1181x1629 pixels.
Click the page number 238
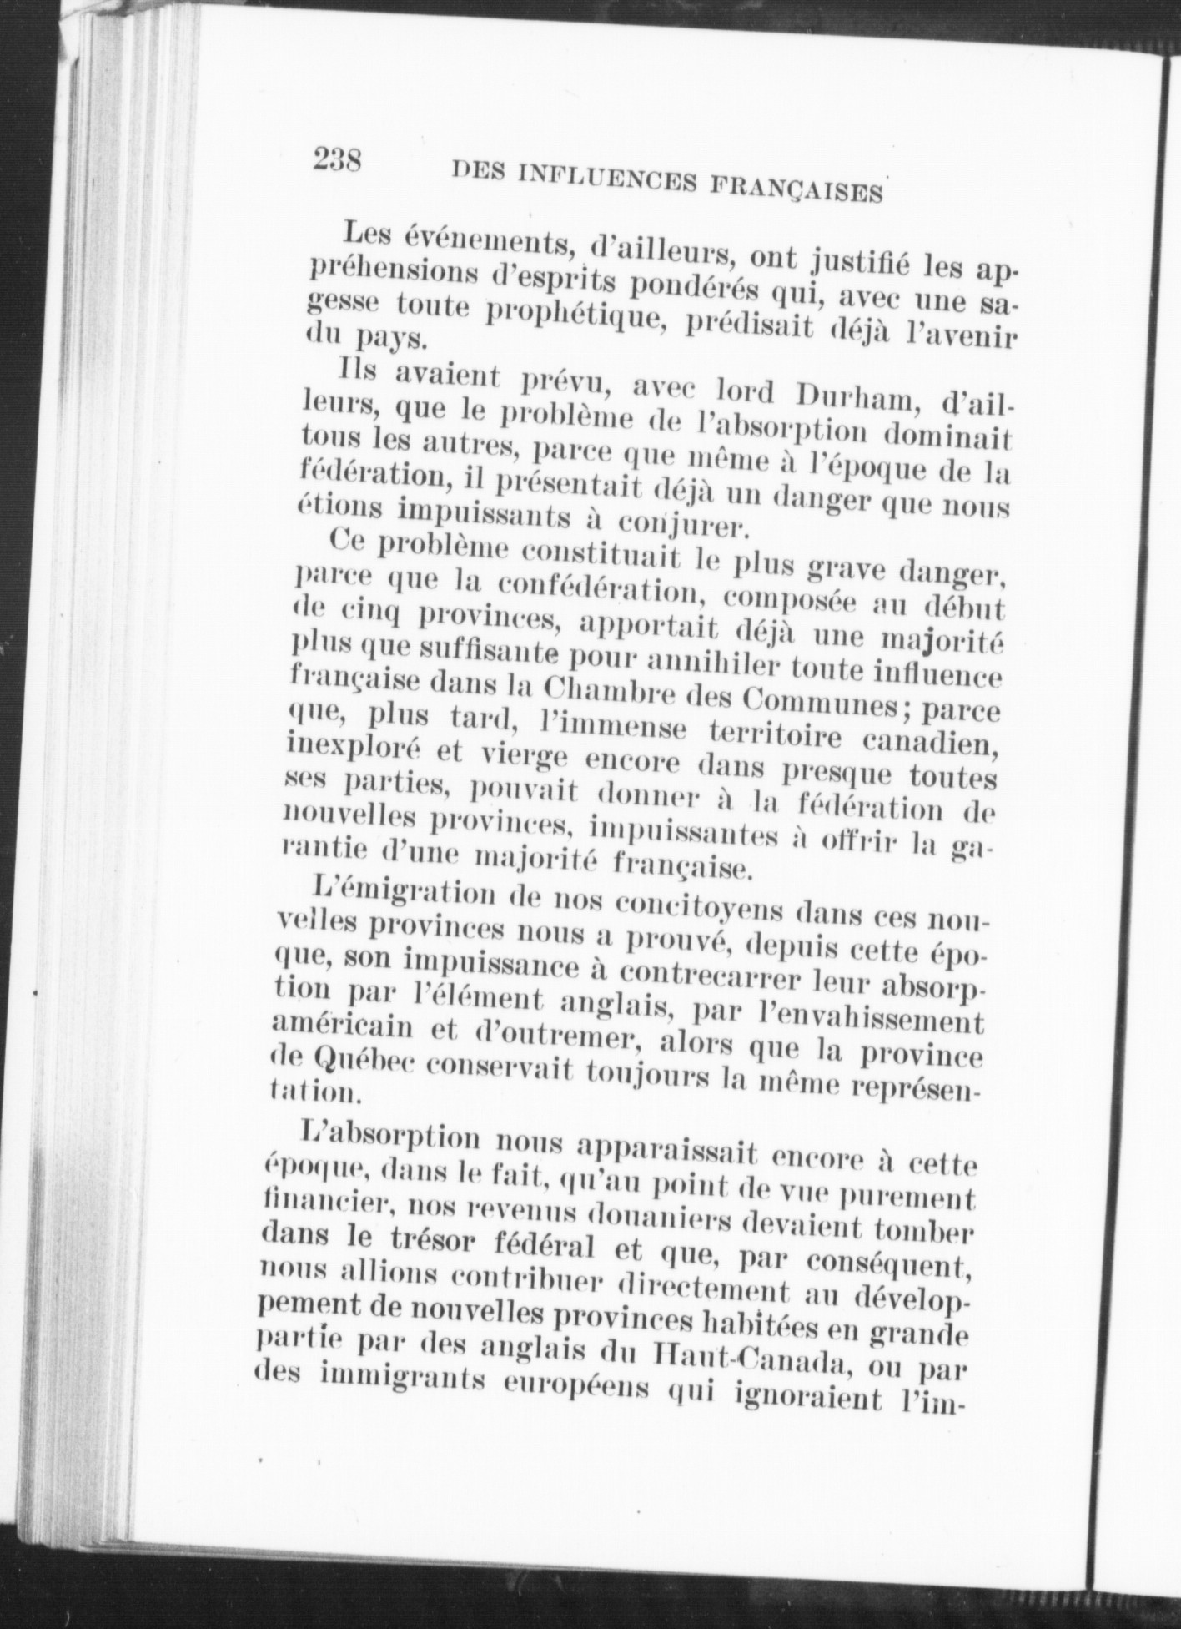[336, 158]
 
